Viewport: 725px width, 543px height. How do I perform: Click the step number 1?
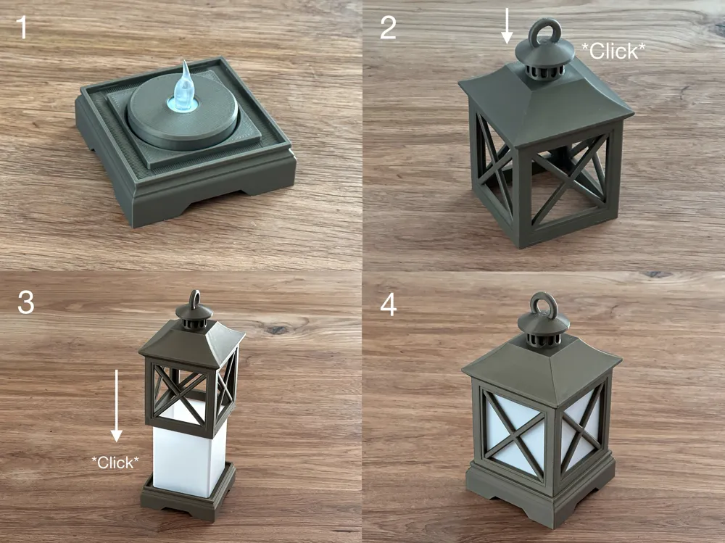tap(21, 28)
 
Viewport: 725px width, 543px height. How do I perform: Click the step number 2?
tap(387, 28)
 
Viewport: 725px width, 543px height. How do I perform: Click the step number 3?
tap(26, 302)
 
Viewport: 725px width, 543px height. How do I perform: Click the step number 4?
tap(389, 305)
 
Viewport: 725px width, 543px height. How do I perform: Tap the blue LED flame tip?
tap(186, 62)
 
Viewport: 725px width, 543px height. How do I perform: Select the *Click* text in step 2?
tap(613, 51)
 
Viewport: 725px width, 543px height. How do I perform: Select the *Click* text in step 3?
tap(115, 462)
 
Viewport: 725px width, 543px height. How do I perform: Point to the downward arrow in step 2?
tap(507, 26)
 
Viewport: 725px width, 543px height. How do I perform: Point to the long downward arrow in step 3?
tap(116, 406)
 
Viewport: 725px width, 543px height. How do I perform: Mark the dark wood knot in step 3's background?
tap(276, 329)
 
